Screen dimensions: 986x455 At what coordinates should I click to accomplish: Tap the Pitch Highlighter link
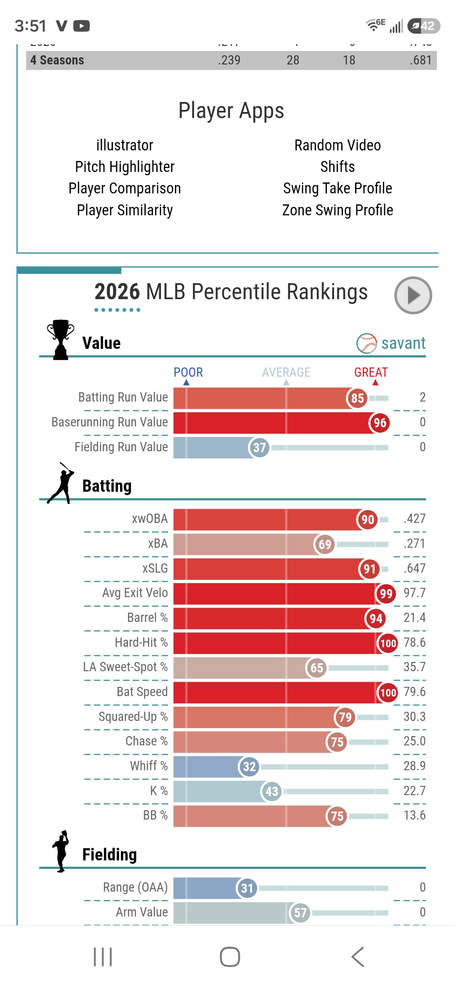(x=125, y=167)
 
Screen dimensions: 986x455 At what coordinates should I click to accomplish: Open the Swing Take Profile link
(x=337, y=188)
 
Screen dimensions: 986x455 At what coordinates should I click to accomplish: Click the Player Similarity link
(x=125, y=210)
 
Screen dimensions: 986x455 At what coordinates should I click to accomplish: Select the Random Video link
(x=337, y=145)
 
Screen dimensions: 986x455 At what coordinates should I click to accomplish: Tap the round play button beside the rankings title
(x=413, y=295)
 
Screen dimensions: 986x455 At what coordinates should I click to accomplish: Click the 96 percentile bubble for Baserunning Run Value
(x=380, y=423)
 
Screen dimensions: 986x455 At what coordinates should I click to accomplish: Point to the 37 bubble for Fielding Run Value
(x=259, y=447)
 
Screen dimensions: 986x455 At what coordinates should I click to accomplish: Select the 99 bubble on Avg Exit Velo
(x=385, y=594)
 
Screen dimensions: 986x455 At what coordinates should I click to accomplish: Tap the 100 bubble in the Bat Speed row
(x=388, y=692)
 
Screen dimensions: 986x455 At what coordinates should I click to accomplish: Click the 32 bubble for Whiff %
(x=249, y=766)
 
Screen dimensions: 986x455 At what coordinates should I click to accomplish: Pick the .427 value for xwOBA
(x=415, y=519)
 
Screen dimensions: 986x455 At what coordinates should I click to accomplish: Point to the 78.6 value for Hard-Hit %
(x=415, y=643)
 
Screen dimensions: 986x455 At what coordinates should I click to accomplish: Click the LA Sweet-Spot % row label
(x=125, y=667)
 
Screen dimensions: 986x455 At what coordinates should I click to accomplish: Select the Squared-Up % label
(x=133, y=717)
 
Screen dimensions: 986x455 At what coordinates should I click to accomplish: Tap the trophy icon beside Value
(x=61, y=340)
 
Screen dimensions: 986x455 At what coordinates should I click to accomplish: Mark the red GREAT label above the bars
(x=371, y=372)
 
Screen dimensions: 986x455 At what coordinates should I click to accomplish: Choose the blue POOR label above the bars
(x=188, y=372)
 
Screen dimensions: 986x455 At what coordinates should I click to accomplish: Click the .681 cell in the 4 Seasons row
(x=420, y=60)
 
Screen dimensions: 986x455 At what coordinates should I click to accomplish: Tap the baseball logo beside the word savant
(x=367, y=343)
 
